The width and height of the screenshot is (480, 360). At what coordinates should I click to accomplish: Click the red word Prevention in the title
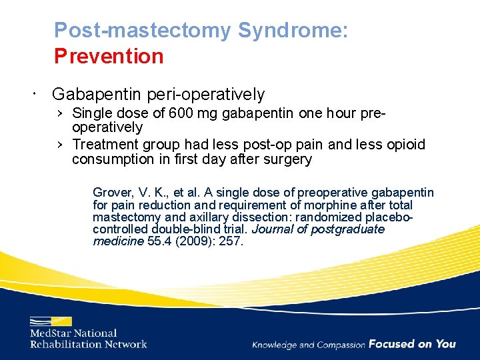[109, 56]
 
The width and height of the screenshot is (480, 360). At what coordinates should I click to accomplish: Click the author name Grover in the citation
[113, 193]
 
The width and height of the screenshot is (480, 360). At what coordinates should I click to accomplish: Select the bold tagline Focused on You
[412, 344]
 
